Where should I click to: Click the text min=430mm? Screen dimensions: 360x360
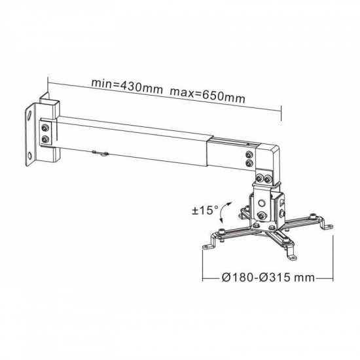tap(127, 86)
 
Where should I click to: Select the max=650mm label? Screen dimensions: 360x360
tap(207, 95)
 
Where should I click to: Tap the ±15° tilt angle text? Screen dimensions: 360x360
tap(205, 210)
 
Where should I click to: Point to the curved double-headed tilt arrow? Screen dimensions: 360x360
tap(225, 212)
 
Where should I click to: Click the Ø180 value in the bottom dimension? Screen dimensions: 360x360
tap(238, 278)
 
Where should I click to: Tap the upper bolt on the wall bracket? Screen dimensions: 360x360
tap(45, 128)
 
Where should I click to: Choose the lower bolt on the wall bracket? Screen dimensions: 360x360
tap(45, 139)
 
